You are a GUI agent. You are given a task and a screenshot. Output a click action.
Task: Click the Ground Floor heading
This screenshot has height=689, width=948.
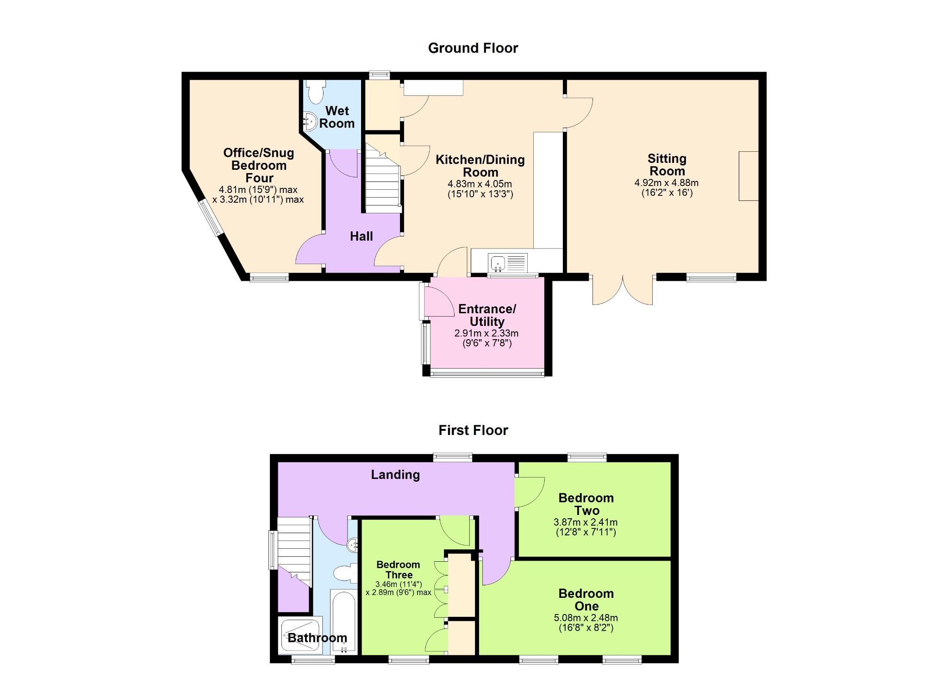click(x=473, y=48)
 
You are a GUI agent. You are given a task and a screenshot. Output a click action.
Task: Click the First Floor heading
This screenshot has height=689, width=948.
click(x=473, y=430)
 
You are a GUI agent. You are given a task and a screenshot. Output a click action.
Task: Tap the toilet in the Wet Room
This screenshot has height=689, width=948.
click(x=316, y=92)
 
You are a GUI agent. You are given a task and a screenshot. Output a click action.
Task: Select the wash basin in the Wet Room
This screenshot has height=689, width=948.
click(x=310, y=122)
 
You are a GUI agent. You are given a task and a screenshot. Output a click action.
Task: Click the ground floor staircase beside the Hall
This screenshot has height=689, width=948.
click(x=383, y=178)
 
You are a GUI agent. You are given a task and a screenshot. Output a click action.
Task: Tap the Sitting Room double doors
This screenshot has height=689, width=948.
click(x=623, y=290)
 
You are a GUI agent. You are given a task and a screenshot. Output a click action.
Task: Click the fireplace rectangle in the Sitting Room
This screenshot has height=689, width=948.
click(x=748, y=176)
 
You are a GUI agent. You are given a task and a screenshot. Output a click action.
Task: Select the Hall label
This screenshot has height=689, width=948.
click(x=361, y=236)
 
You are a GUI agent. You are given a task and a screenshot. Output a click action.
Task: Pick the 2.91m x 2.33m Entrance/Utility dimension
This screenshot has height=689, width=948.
click(x=486, y=333)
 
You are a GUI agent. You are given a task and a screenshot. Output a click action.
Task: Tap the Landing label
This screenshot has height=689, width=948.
click(x=395, y=475)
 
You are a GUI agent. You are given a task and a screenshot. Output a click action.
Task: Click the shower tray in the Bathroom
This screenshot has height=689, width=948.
click(x=301, y=636)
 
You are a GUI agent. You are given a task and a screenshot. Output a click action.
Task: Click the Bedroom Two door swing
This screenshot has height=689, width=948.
click(x=530, y=492)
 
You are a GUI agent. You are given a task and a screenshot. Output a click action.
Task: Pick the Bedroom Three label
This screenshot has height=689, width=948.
click(x=398, y=570)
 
